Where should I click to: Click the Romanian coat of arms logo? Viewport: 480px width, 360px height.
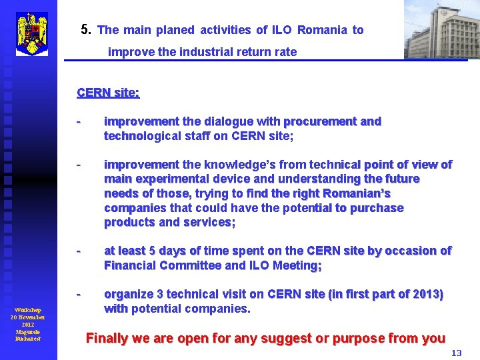click(x=31, y=33)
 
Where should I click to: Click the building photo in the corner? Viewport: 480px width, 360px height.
click(x=441, y=30)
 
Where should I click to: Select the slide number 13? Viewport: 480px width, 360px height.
click(x=456, y=353)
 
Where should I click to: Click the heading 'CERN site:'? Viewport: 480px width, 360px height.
click(x=108, y=93)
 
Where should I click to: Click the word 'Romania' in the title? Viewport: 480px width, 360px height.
click(x=323, y=30)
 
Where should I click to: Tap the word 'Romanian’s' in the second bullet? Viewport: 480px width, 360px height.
click(x=356, y=193)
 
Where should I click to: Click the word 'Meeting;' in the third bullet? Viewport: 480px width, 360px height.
click(x=297, y=265)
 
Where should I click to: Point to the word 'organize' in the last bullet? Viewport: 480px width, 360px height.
click(x=127, y=294)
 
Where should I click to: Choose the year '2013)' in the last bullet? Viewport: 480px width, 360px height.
click(x=427, y=294)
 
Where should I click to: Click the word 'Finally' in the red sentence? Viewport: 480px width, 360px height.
click(x=107, y=338)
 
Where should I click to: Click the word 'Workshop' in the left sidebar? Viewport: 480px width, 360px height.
click(x=28, y=310)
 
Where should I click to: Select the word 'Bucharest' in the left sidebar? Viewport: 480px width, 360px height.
click(x=28, y=339)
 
